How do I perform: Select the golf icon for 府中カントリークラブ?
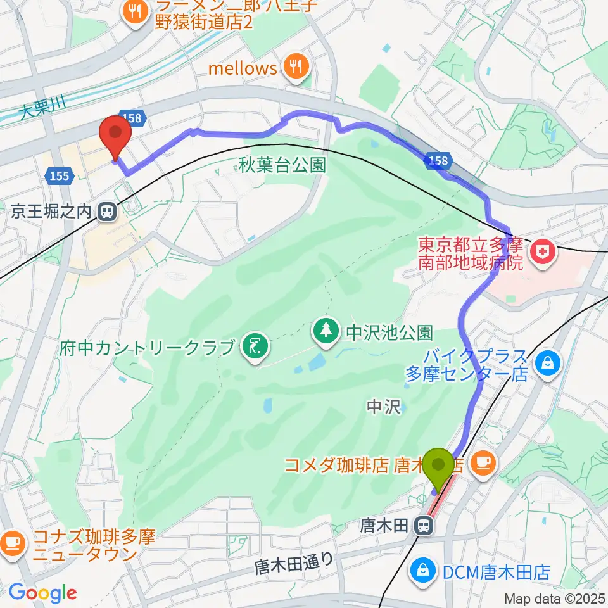point(256,347)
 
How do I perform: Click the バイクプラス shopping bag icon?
point(545,364)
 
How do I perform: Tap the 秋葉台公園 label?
point(282,166)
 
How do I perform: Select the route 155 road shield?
point(59,177)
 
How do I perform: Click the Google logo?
point(42,593)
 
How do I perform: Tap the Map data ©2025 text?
point(555,598)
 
